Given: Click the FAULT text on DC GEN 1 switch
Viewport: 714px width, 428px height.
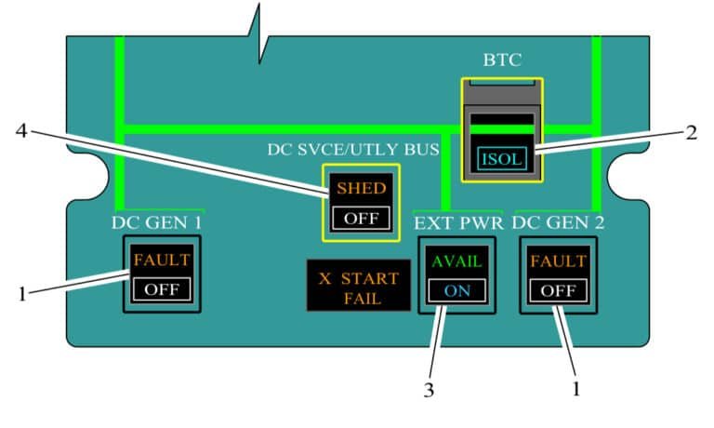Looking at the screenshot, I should [162, 261].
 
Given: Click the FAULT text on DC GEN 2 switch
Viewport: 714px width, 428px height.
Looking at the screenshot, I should [557, 261].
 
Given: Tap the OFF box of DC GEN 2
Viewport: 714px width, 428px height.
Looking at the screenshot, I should [557, 288].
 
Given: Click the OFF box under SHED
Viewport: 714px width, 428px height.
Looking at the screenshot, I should [361, 219].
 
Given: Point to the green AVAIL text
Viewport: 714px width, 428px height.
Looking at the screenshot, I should [456, 261].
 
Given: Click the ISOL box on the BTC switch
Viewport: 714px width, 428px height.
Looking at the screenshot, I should [502, 158].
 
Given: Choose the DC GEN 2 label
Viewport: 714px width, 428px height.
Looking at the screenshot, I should [558, 222].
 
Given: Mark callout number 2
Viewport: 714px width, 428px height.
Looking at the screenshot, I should [690, 131].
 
